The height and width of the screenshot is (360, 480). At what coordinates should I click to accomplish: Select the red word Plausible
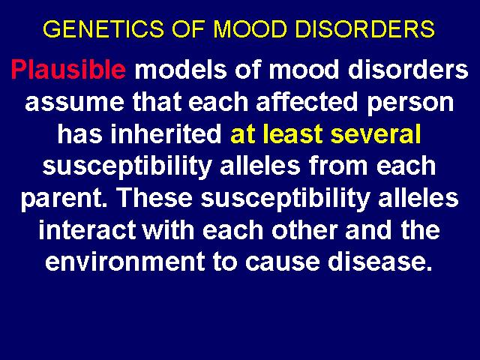[68, 70]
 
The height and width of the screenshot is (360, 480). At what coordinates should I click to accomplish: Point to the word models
[181, 69]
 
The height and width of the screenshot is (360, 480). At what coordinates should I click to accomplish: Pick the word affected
[307, 102]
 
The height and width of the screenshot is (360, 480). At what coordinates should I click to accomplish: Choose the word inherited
[166, 133]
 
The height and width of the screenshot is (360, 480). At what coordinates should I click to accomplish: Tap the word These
[155, 197]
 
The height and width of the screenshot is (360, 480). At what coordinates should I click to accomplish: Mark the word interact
[87, 229]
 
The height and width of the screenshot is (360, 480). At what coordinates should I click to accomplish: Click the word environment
[125, 262]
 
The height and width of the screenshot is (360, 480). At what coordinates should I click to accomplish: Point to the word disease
[379, 262]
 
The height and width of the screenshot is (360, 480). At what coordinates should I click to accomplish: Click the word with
[169, 229]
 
